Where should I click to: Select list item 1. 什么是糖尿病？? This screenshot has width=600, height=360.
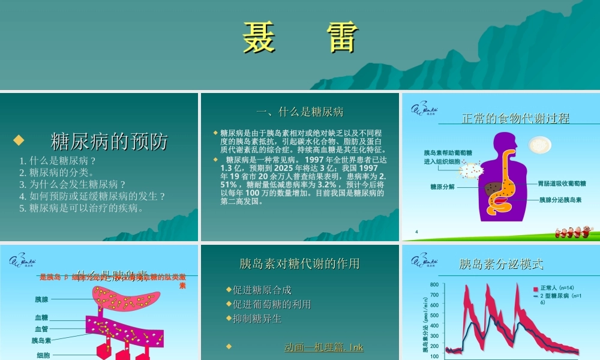[x=58, y=161]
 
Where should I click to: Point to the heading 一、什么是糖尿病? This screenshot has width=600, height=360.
[x=299, y=112]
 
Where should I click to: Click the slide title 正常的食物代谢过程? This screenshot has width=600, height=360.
[x=515, y=118]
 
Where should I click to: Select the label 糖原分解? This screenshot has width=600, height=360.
[x=443, y=187]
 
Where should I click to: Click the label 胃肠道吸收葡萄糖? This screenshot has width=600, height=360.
[x=562, y=183]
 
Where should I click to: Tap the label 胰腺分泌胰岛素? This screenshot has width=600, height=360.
[x=560, y=199]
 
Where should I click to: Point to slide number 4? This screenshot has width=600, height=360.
[x=416, y=232]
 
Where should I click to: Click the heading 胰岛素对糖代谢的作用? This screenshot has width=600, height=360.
[x=299, y=263]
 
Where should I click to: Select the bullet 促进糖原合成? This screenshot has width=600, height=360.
[x=262, y=290]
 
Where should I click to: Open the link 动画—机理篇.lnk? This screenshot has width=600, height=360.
[x=324, y=347]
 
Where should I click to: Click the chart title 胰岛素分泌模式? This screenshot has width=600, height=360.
[x=501, y=264]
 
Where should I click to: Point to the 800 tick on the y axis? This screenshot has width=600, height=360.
[x=434, y=285]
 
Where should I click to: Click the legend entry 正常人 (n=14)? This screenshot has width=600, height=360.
[x=557, y=288]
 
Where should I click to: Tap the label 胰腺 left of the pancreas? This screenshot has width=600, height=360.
[x=41, y=299]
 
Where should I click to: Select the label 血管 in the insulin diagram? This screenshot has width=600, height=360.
[x=41, y=329]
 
